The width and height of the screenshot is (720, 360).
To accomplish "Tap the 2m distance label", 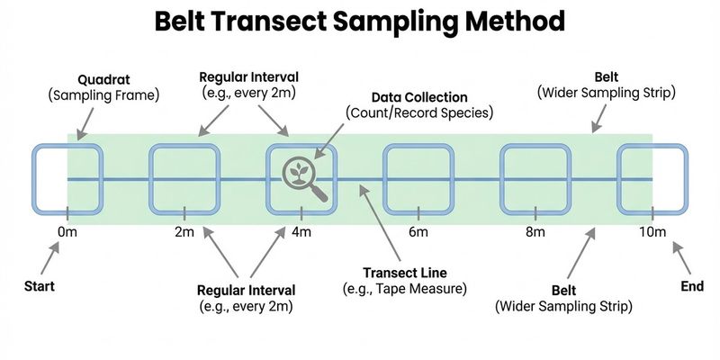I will tap(184, 233).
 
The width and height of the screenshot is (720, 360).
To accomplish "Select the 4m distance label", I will tap(301, 233).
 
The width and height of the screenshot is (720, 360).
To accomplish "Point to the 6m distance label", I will tap(418, 233).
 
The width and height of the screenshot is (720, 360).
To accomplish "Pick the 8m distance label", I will tap(535, 233).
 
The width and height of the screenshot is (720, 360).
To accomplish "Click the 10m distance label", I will tap(653, 233).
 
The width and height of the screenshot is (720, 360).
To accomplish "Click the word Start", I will tap(40, 287).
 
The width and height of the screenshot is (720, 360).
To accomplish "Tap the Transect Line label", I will tap(404, 273).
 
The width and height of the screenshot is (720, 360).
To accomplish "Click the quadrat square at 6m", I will tap(418, 179).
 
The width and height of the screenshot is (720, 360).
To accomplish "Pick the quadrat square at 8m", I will tap(535, 179).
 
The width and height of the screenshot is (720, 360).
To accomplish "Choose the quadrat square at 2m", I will tap(184, 179).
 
